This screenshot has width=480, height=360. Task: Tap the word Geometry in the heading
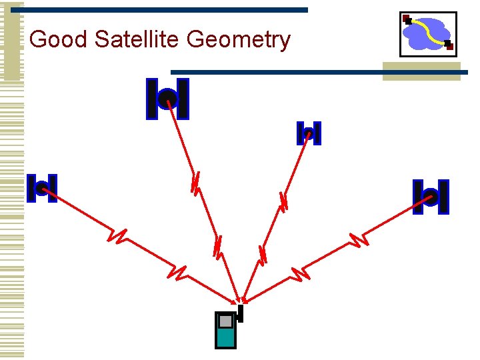click(x=239, y=40)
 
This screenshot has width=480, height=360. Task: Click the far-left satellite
click(x=41, y=188)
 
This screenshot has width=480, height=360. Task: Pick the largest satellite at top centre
click(x=167, y=99)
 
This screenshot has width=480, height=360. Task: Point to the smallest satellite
click(x=309, y=133)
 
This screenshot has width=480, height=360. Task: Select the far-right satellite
click(x=430, y=197)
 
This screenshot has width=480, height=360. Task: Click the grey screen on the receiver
click(x=225, y=322)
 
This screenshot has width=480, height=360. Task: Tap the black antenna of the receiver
click(x=240, y=312)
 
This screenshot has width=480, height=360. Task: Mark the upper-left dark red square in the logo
click(x=407, y=19)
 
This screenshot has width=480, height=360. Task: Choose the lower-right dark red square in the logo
click(x=449, y=45)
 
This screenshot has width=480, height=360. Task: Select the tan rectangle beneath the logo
click(x=421, y=71)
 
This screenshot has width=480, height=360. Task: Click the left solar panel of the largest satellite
click(x=152, y=99)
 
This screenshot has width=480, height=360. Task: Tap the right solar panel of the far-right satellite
click(x=443, y=197)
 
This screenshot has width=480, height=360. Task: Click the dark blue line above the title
click(x=160, y=10)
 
